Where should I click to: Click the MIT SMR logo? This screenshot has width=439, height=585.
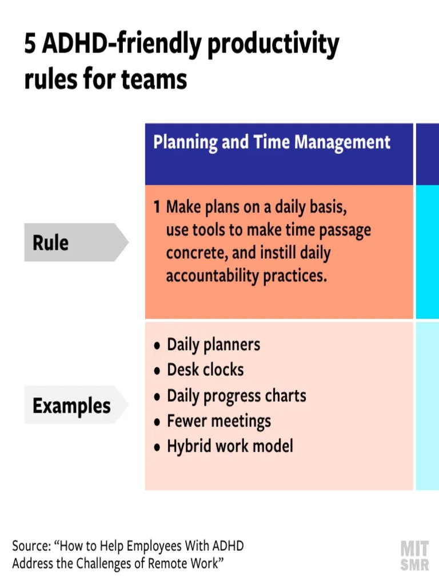(x=415, y=556)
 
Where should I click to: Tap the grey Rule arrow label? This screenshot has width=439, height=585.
(x=74, y=243)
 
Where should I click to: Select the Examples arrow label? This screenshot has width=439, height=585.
(x=74, y=406)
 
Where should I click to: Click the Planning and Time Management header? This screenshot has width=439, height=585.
(x=272, y=142)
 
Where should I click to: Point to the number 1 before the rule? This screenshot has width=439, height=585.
(x=157, y=207)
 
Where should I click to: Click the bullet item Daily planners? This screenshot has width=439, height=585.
(x=213, y=345)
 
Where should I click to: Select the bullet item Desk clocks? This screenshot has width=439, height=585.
(x=205, y=370)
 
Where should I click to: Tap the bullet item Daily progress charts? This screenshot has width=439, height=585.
(x=236, y=396)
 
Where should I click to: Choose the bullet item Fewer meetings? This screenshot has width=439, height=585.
(x=218, y=422)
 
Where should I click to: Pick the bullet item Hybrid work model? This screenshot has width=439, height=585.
(x=230, y=446)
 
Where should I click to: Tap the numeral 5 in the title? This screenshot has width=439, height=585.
(x=30, y=46)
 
